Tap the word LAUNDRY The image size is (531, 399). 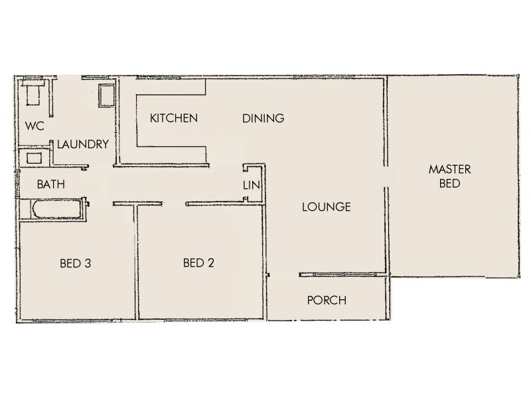[82, 144]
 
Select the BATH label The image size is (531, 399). [50, 184]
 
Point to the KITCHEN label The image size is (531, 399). [174, 118]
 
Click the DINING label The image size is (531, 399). [263, 118]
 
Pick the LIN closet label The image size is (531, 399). [250, 185]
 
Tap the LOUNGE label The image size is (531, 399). [326, 207]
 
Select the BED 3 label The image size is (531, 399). [75, 263]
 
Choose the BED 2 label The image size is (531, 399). [198, 263]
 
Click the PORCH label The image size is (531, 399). [327, 301]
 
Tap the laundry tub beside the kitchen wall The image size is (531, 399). [106, 96]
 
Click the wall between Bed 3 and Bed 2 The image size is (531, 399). [137, 263]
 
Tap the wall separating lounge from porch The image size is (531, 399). [342, 273]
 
